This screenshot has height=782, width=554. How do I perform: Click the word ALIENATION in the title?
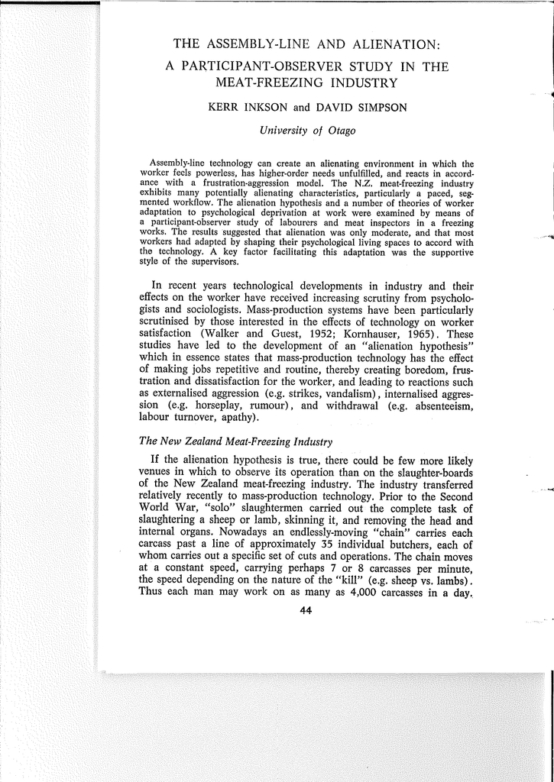click(x=380, y=44)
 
